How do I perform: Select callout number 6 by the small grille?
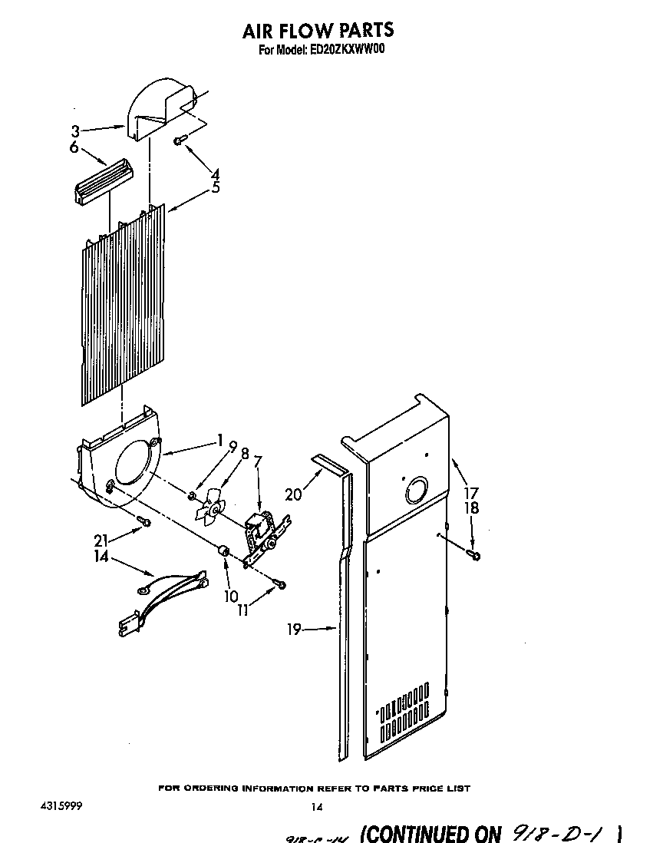pyautogui.click(x=74, y=147)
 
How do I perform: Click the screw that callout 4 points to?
pyautogui.click(x=179, y=140)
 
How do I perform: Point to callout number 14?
pyautogui.click(x=101, y=557)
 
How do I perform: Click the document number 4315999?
pyautogui.click(x=59, y=807)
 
